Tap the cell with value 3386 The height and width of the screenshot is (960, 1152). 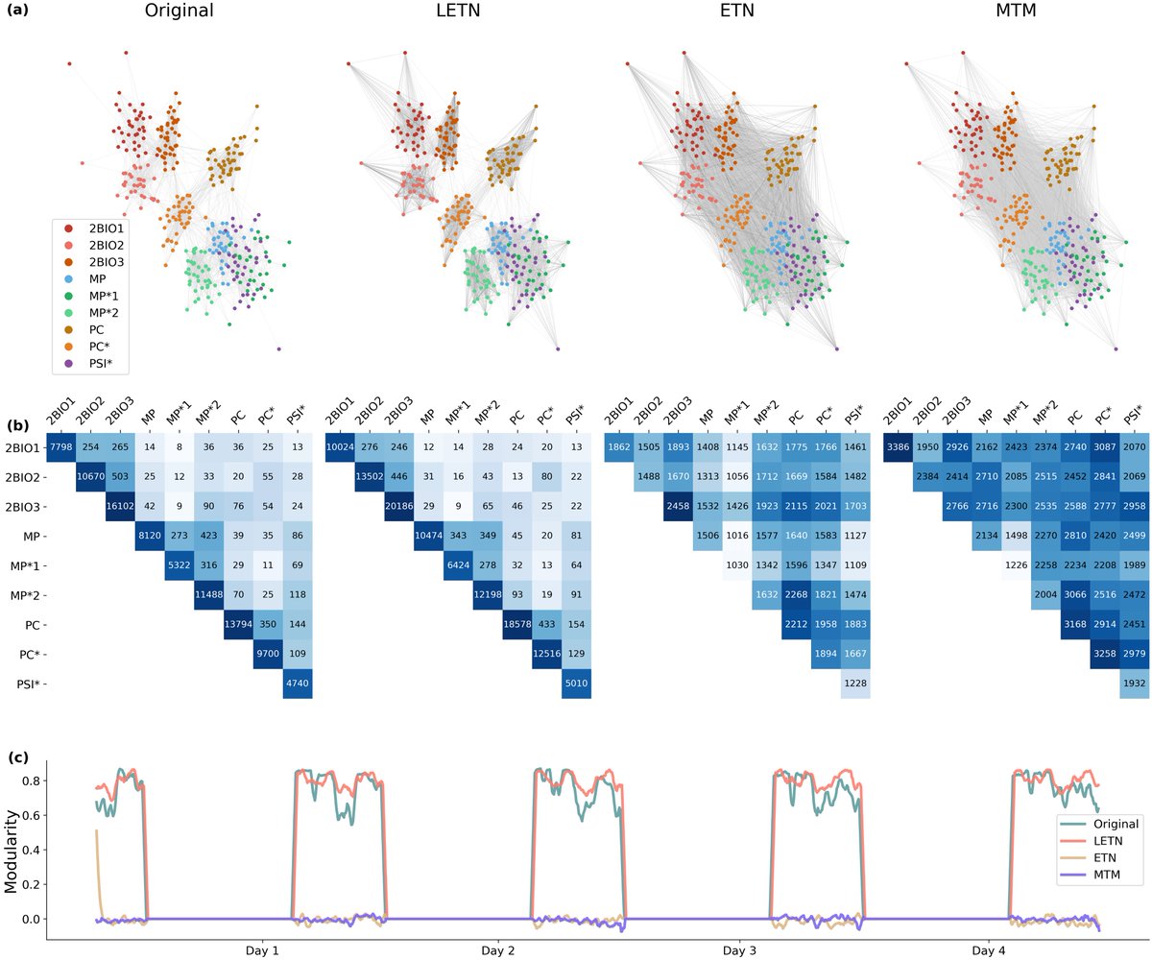tap(899, 448)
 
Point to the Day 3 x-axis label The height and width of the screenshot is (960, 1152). tap(741, 950)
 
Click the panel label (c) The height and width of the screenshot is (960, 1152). tap(18, 757)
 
